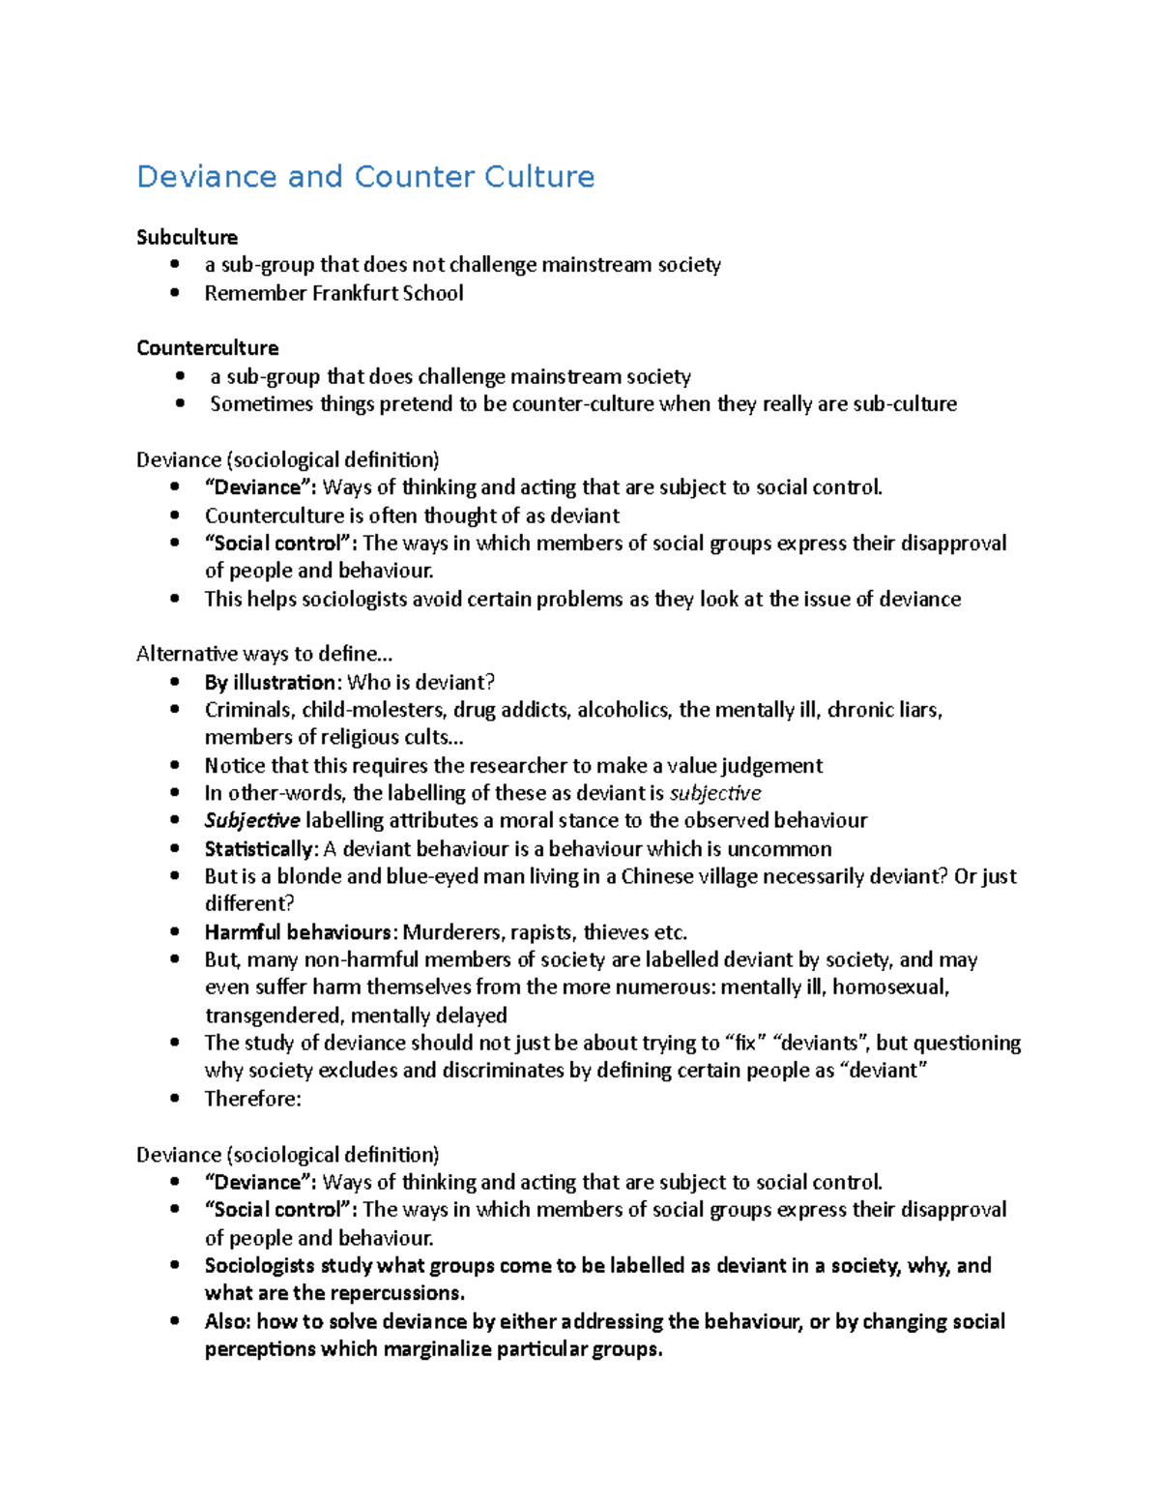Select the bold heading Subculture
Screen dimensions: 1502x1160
pos(187,237)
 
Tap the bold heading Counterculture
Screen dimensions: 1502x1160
pos(207,348)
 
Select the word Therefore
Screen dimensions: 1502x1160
pos(251,1099)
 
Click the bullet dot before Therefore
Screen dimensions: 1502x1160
pos(174,1099)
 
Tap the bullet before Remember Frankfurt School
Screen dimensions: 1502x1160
pos(174,293)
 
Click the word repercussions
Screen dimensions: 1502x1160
pos(397,1294)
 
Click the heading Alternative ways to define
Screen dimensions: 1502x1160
pos(264,654)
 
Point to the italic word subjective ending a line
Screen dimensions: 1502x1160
pos(715,794)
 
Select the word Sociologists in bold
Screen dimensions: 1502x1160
pos(259,1266)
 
